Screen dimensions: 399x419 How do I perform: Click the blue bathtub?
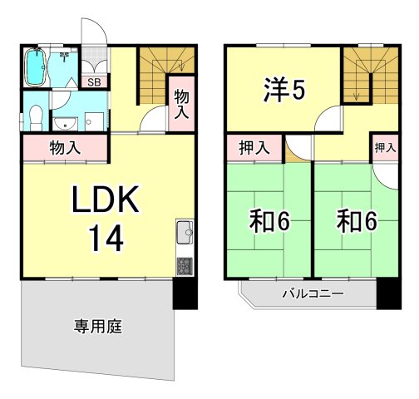(36, 68)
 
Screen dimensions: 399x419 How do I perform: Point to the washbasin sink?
(65, 125)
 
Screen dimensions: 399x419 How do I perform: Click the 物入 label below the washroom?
(64, 150)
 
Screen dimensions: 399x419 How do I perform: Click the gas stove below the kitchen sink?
(184, 266)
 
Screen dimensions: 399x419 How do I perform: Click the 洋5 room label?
(282, 89)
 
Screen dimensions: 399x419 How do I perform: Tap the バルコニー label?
(313, 293)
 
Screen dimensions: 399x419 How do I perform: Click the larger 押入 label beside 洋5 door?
(254, 149)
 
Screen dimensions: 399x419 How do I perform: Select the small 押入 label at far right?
(385, 148)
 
